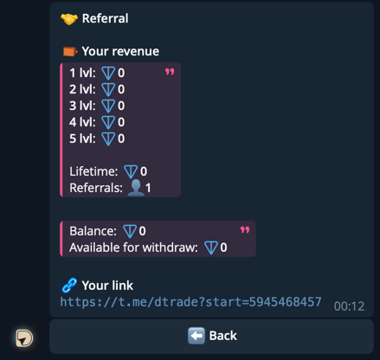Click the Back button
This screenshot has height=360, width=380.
pyautogui.click(x=212, y=336)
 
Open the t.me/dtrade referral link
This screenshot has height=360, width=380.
pyautogui.click(x=190, y=302)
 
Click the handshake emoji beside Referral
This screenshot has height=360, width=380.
pyautogui.click(x=69, y=19)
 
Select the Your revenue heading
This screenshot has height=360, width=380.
pyautogui.click(x=120, y=51)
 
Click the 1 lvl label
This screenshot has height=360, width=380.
pyautogui.click(x=82, y=73)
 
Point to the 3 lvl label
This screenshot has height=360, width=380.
pyautogui.click(x=82, y=106)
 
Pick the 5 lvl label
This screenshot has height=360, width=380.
pyautogui.click(x=82, y=138)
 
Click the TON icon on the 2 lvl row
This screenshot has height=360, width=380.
pyautogui.click(x=108, y=89)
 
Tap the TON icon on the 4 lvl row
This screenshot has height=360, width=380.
pyautogui.click(x=108, y=122)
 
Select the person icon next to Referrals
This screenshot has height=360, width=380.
pyautogui.click(x=135, y=188)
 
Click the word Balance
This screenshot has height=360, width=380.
pyautogui.click(x=93, y=231)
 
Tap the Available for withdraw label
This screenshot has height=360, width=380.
pyautogui.click(x=133, y=248)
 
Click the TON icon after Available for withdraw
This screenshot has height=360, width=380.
pyautogui.click(x=211, y=248)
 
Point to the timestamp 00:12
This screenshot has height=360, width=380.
pyautogui.click(x=349, y=306)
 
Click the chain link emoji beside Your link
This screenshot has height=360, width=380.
pyautogui.click(x=69, y=285)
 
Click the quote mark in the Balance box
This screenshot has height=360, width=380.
pyautogui.click(x=245, y=229)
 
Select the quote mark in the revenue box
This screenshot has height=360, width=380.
pyautogui.click(x=169, y=72)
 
